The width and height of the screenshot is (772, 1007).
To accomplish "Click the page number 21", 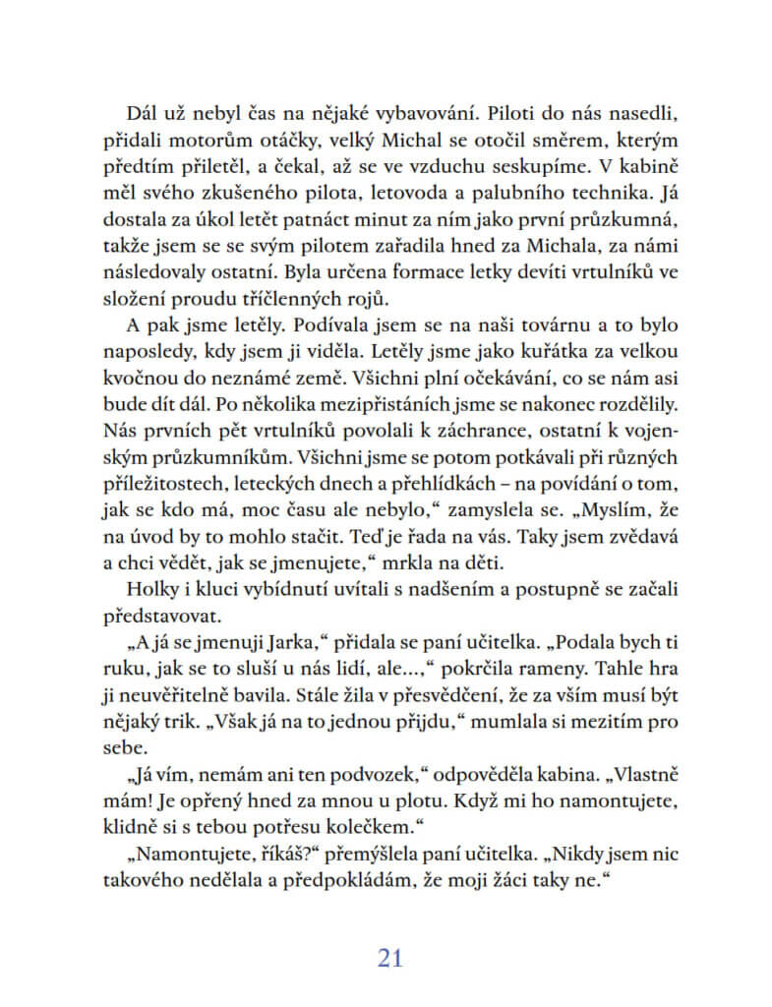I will pyautogui.click(x=390, y=959).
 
